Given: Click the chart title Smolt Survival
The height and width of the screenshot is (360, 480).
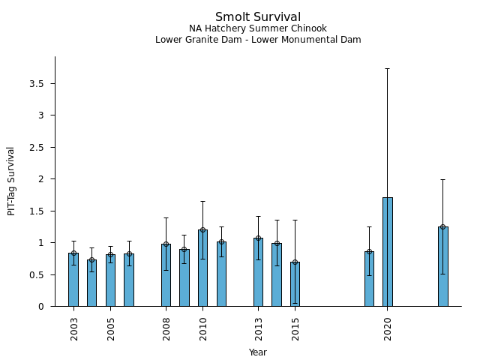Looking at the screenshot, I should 258,17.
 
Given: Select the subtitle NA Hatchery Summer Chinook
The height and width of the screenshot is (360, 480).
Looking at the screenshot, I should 258,28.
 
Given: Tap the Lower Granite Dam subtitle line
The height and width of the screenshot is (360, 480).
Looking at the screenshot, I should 258,40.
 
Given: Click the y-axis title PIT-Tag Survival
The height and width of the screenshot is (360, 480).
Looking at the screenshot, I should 11,181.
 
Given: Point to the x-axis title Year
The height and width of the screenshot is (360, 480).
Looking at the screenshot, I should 258,352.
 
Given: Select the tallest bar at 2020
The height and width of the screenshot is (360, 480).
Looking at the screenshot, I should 388,251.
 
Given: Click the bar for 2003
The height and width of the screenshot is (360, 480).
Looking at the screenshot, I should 73,280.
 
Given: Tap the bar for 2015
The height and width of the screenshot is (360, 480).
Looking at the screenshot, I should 295,284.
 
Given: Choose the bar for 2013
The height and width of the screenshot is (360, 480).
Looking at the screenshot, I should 258,272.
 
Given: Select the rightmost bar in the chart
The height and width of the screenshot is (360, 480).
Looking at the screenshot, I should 443,266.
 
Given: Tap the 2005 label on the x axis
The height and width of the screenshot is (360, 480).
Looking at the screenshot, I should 111,329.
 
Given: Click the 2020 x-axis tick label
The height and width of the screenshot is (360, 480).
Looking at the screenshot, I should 388,329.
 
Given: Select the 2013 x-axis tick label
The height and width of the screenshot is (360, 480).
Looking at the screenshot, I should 258,329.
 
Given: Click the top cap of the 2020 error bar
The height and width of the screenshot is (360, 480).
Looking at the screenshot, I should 388,68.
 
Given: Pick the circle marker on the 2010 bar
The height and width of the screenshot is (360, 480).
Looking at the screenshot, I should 202,230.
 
